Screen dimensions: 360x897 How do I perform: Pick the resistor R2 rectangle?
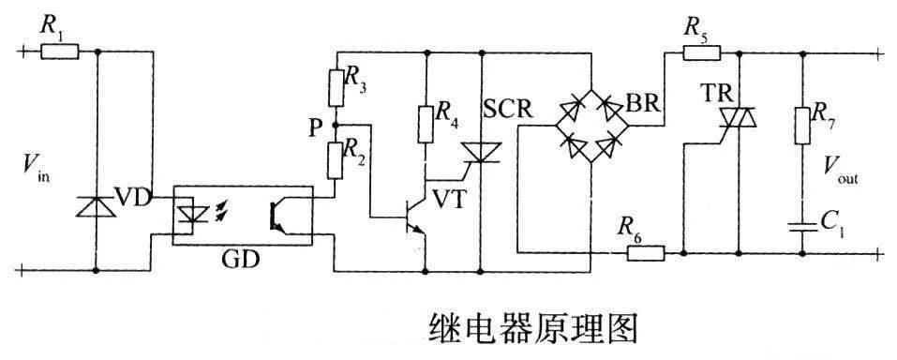[336, 157]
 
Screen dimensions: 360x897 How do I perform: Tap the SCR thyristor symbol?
[481, 151]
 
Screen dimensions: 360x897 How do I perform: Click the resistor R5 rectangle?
[695, 52]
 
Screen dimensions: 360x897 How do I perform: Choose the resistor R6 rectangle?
[642, 252]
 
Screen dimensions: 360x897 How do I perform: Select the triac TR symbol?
[738, 118]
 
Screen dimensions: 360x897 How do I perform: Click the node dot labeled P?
[336, 124]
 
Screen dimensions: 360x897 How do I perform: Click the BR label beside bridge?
[646, 104]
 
